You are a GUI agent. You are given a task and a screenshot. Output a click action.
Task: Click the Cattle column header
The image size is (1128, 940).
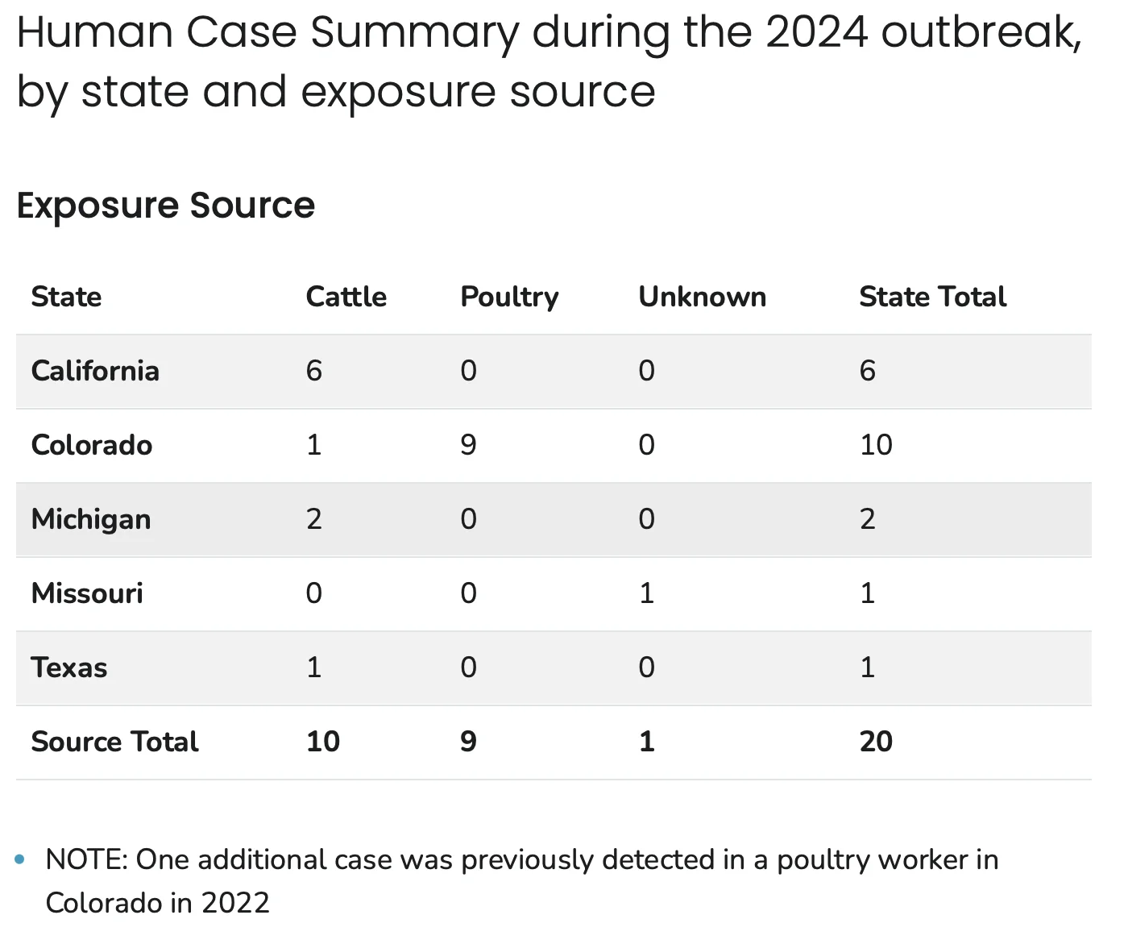346,297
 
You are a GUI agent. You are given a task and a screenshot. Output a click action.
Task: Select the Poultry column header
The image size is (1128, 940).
509,297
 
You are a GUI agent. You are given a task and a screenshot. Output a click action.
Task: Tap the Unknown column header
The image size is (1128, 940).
703,297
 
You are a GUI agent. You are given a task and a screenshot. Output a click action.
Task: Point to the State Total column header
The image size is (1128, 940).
933,297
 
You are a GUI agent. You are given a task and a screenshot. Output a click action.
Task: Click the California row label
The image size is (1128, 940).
95,371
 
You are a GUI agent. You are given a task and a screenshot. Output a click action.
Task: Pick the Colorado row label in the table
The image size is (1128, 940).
92,445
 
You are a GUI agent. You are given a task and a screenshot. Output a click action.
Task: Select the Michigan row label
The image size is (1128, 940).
91,520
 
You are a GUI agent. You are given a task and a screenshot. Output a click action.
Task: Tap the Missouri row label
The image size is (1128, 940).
87,593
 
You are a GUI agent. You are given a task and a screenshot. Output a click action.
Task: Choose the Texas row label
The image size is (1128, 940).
69,667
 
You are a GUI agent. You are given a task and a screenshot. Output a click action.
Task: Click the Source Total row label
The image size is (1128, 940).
114,741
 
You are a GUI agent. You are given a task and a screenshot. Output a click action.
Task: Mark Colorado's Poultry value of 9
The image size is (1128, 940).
468,445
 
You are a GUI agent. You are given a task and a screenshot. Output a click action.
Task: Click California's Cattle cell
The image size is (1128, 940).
314,371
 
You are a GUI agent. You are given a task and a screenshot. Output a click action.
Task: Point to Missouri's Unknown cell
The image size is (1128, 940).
647,593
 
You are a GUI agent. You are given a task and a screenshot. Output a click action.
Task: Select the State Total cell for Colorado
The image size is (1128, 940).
876,445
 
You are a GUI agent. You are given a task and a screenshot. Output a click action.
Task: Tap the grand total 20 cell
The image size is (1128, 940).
876,741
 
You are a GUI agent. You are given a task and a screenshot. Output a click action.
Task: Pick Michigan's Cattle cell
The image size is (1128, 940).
314,519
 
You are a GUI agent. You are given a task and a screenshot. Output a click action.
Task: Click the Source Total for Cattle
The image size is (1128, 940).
323,741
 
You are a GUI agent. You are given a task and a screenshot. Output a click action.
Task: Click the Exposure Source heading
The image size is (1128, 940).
166,206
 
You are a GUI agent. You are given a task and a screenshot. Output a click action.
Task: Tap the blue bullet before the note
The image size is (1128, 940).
20,859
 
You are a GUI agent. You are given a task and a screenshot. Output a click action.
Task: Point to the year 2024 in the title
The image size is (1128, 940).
816,32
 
